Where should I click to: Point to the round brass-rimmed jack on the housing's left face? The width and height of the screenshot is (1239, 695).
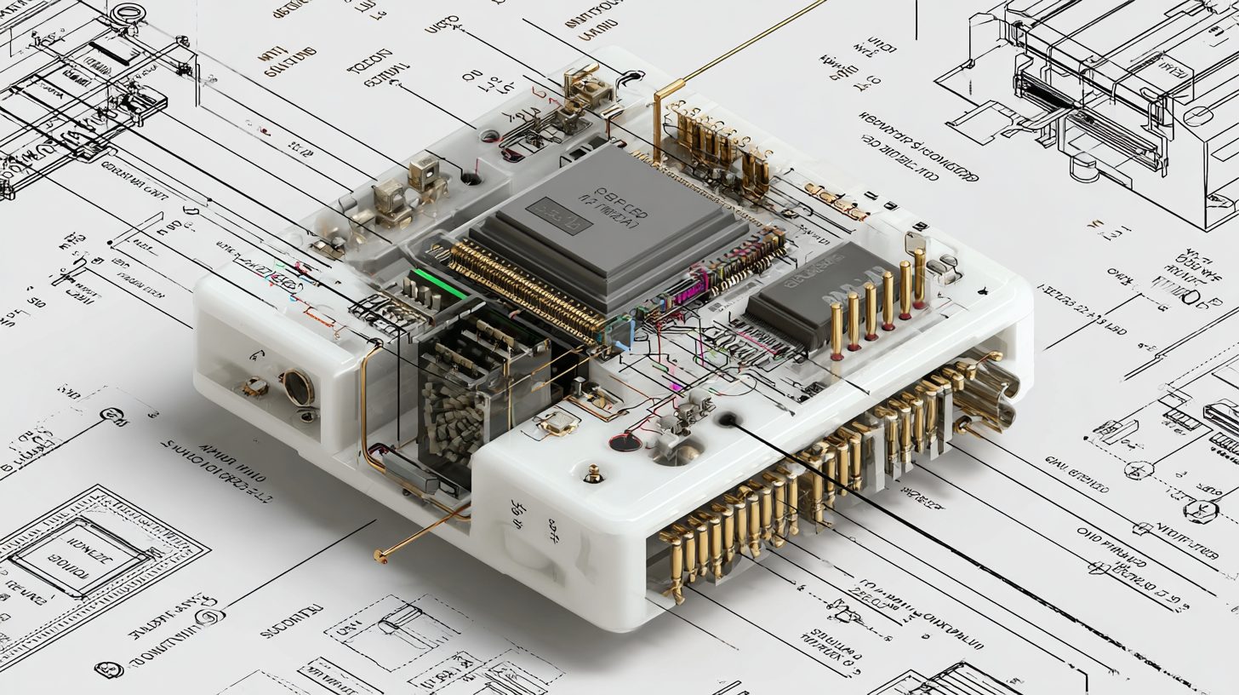[298, 388]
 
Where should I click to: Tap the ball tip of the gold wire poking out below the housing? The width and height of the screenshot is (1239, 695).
[378, 558]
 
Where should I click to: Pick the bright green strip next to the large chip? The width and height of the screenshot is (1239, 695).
[440, 284]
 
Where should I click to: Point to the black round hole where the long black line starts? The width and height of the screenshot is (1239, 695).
[728, 419]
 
